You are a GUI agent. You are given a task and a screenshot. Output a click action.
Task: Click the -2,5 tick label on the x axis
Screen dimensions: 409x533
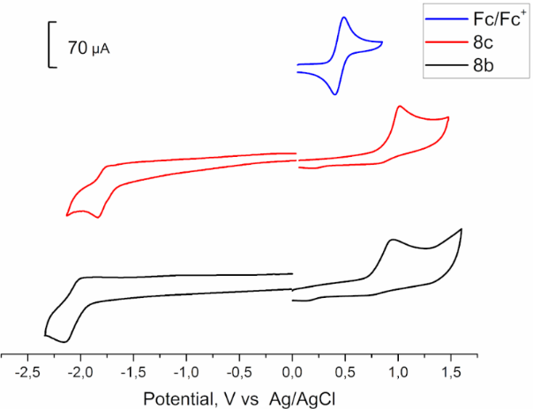[x=29, y=370]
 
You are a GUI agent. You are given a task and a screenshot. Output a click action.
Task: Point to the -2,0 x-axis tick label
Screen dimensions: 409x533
[x=81, y=370]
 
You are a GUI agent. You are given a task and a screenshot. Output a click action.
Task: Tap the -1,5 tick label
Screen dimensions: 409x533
[x=134, y=370]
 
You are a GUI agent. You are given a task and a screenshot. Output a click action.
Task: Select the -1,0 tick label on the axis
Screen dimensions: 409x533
[x=186, y=370]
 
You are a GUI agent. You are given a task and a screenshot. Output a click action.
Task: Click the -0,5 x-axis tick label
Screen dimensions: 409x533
[x=239, y=370]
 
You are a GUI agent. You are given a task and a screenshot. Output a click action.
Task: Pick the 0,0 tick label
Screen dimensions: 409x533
[x=293, y=370]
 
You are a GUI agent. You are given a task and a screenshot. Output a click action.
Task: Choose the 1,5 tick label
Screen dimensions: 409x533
[x=451, y=370]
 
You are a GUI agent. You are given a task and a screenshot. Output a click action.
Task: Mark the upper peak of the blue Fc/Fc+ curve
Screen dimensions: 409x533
[x=343, y=18]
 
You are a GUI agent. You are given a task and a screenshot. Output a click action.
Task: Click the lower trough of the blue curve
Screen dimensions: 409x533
[x=334, y=93]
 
